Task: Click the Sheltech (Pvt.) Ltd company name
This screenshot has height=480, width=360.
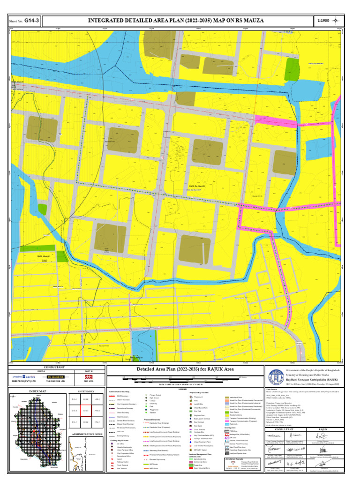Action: point(24,382)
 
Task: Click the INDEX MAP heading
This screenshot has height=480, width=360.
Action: point(37,391)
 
